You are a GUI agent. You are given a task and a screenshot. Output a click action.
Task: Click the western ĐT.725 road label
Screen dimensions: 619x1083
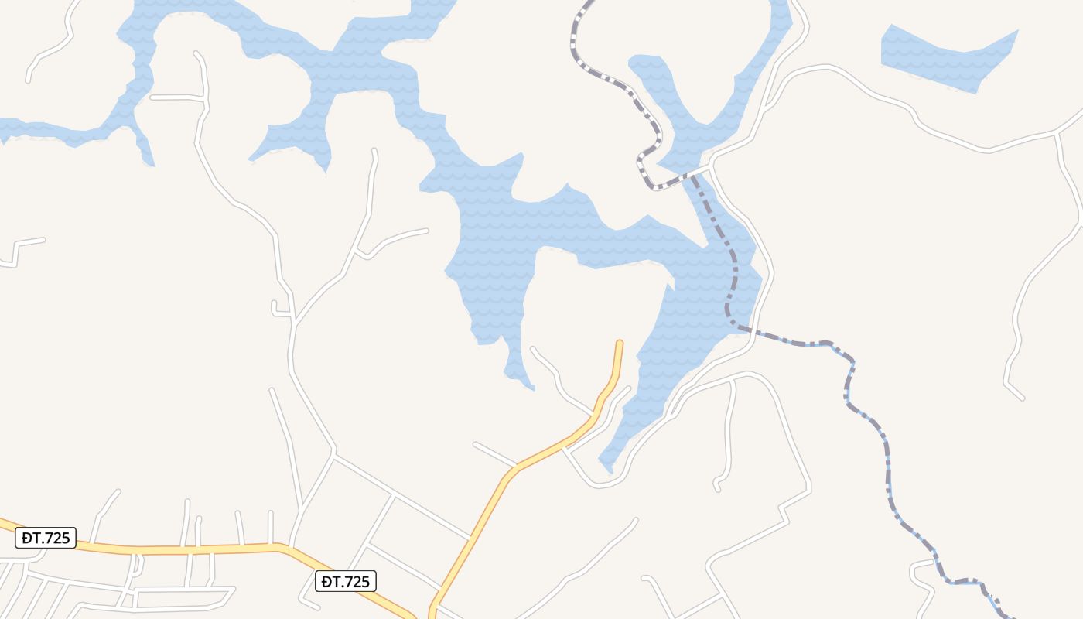pyautogui.click(x=46, y=538)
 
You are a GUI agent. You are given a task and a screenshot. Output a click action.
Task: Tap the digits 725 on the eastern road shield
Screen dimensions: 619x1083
pyautogui.click(x=357, y=581)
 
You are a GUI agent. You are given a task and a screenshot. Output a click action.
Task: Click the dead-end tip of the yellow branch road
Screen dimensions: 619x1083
pyautogui.click(x=620, y=342)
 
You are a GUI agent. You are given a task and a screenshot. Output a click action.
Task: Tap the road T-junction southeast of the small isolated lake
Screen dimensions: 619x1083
pyautogui.click(x=1057, y=134)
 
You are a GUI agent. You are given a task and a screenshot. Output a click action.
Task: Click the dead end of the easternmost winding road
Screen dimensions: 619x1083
pyautogui.click(x=1023, y=398)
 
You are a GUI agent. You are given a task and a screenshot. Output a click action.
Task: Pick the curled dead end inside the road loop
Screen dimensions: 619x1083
pyautogui.click(x=717, y=487)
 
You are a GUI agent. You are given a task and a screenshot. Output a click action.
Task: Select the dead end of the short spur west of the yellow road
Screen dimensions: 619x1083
pyautogui.click(x=475, y=444)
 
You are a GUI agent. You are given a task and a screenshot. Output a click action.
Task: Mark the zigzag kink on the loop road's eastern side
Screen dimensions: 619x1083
pyautogui.click(x=783, y=512)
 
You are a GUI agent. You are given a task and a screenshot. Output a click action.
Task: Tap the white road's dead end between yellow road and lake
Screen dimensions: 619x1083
pyautogui.click(x=628, y=388)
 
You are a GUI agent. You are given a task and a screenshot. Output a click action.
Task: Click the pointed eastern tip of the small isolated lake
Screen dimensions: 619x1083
pyautogui.click(x=1016, y=32)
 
